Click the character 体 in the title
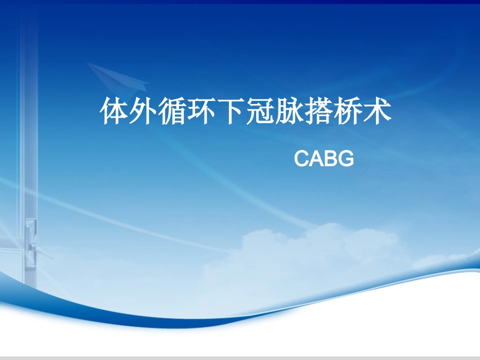(x=115, y=112)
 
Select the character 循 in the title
(x=173, y=112)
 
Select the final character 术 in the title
(x=378, y=112)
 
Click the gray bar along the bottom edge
(x=240, y=357)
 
